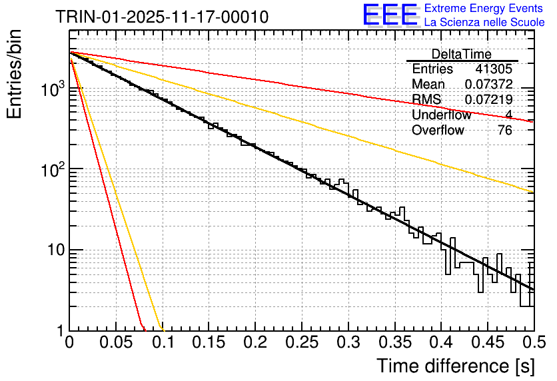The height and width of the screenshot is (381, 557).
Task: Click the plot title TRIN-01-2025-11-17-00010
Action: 162,17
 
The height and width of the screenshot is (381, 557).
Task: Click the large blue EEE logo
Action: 390,16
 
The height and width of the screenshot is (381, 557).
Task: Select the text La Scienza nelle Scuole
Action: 484,23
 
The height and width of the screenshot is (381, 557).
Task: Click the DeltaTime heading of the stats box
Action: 462,54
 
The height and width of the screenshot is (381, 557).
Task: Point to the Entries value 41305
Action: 494,69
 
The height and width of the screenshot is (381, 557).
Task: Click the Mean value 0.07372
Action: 488,85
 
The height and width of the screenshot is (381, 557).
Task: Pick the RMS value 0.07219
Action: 488,100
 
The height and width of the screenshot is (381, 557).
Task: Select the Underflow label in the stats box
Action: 441,115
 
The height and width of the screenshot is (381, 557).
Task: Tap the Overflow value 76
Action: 505,131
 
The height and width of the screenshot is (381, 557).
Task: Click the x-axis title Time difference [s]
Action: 455,366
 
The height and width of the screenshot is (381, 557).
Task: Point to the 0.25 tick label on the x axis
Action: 302,343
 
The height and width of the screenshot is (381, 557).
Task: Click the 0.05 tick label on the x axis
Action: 116,343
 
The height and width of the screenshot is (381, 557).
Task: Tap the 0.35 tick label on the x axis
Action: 395,343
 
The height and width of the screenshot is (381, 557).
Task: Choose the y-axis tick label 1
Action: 59,331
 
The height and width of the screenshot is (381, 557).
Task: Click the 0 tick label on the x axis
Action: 69,343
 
